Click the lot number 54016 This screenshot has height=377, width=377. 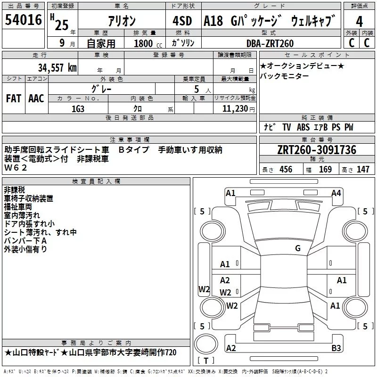(x=23, y=20)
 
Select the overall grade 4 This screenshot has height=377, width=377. (x=359, y=22)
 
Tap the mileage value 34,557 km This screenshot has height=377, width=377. (x=57, y=68)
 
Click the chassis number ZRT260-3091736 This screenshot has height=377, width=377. (x=317, y=150)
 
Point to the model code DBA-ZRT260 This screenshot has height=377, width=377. (x=270, y=43)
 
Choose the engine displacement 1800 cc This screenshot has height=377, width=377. (x=148, y=43)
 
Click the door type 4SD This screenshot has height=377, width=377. (x=182, y=21)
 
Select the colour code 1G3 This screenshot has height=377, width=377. (x=78, y=109)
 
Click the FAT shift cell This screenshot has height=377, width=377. (x=14, y=98)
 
